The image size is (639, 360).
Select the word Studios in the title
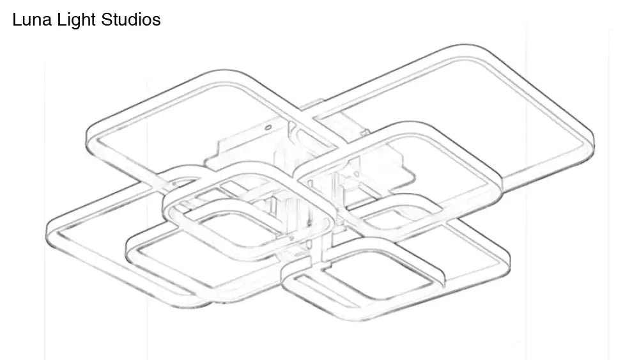pos(132,20)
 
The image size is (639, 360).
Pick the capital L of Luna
pos(17,20)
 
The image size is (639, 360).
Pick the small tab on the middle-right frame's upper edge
pos(365,132)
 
